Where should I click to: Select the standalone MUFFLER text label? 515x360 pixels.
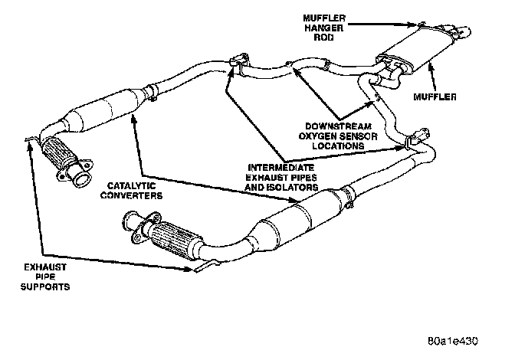[435, 97]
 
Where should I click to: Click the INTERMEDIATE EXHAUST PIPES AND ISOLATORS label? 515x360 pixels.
[280, 175]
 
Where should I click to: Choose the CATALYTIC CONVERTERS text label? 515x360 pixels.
[133, 191]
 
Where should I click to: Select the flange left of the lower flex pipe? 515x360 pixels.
[133, 228]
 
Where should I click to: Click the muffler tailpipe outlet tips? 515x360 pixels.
[460, 33]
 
